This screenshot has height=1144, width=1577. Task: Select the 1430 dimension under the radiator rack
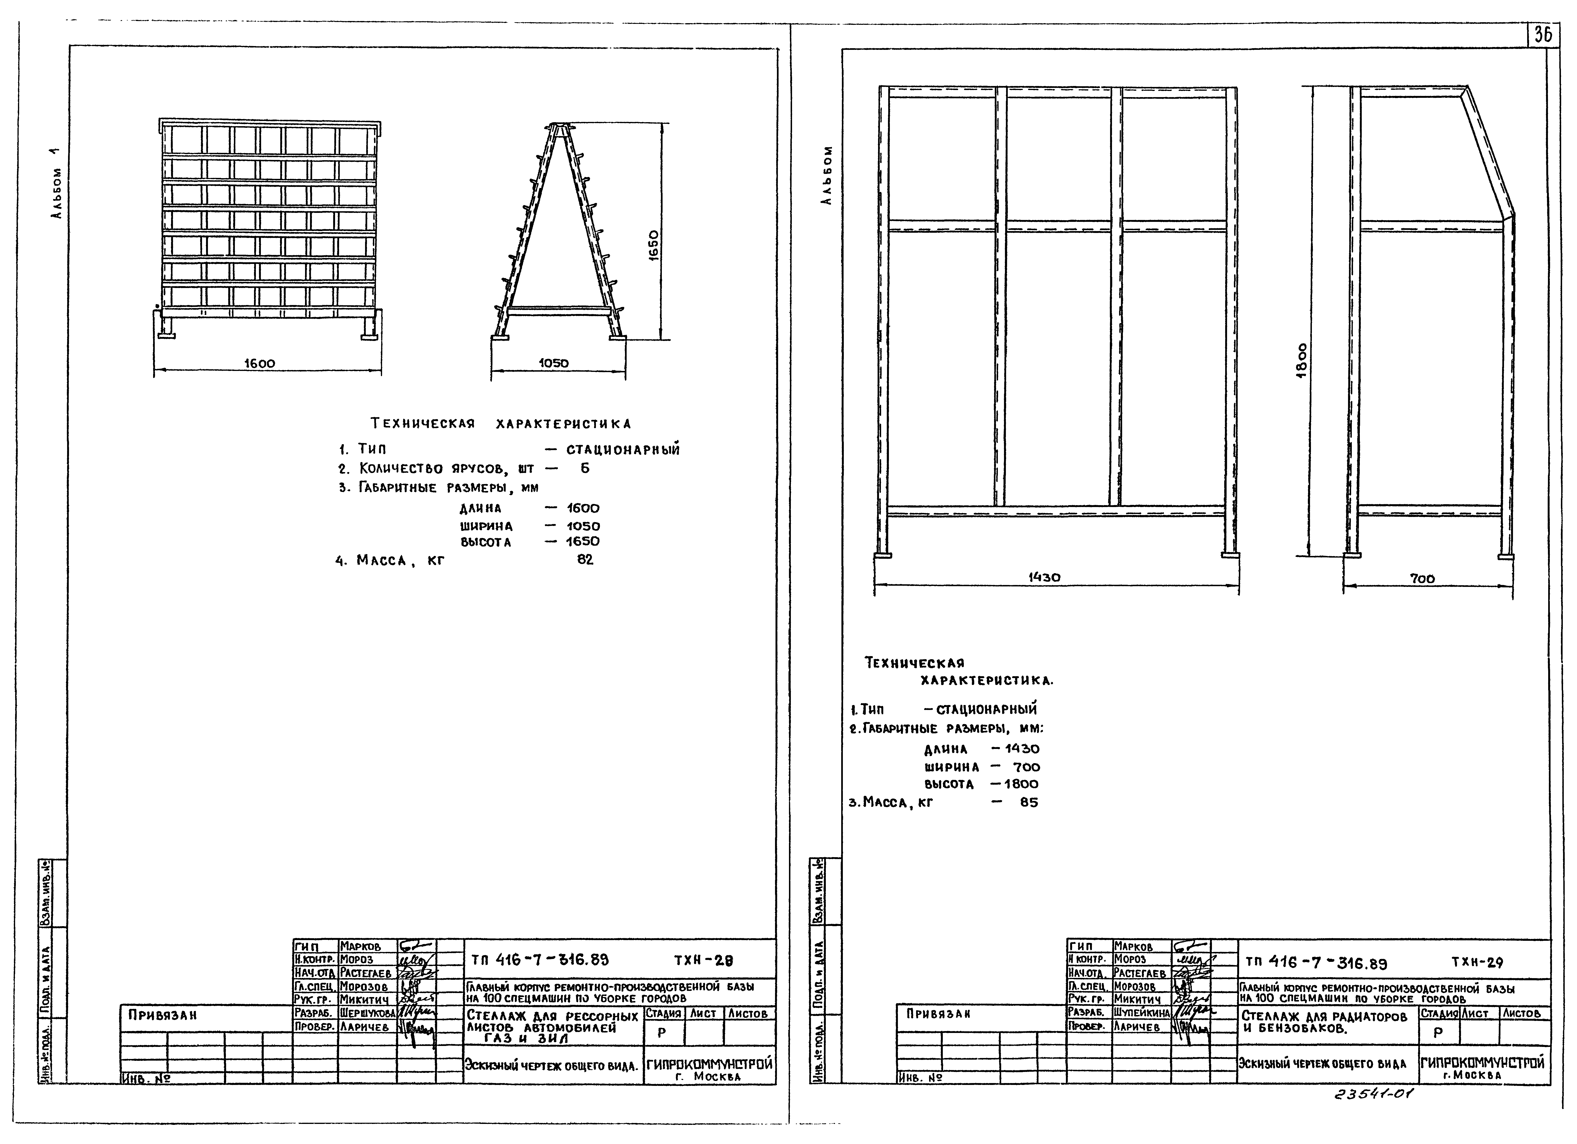tap(1044, 577)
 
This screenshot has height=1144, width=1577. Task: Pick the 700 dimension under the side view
tap(1422, 579)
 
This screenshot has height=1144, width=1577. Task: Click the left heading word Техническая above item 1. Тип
tap(423, 424)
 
